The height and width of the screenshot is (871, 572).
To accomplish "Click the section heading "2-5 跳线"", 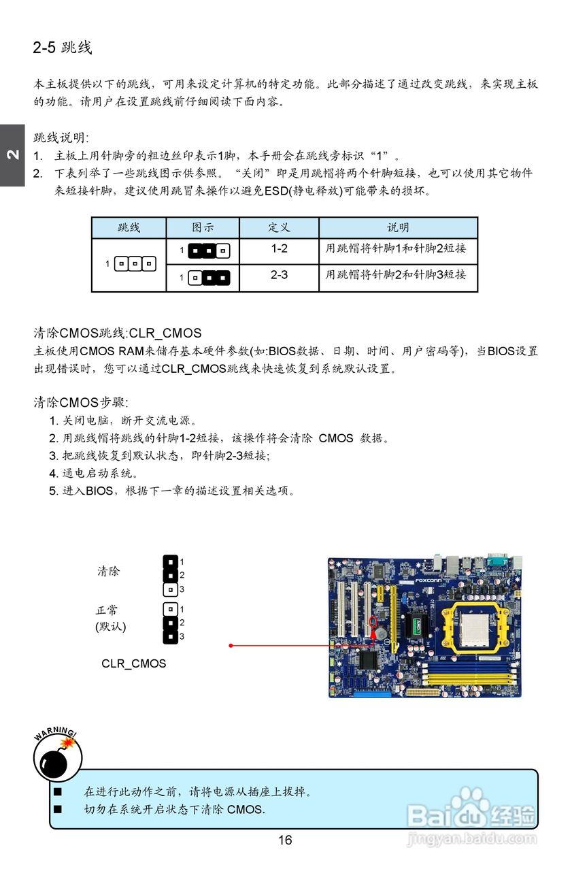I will pyautogui.click(x=63, y=48).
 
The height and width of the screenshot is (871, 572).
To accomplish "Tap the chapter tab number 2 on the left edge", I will pyautogui.click(x=12, y=154).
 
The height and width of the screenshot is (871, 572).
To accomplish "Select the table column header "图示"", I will pyautogui.click(x=203, y=227).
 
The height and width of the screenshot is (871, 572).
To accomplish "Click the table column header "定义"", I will pyautogui.click(x=279, y=227).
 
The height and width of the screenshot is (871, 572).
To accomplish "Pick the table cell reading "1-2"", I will pyautogui.click(x=279, y=249).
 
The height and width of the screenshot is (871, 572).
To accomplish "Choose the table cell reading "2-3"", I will pyautogui.click(x=279, y=276).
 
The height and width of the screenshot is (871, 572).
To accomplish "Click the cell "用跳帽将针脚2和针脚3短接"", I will pyautogui.click(x=396, y=275).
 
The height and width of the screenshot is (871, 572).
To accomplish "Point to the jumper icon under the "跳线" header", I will pyautogui.click(x=135, y=263).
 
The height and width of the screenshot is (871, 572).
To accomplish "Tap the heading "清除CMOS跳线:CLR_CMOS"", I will pyautogui.click(x=118, y=333).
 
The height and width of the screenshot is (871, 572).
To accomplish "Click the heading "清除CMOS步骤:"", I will pyautogui.click(x=81, y=402).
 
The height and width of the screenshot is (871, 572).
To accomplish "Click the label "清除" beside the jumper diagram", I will pyautogui.click(x=108, y=572).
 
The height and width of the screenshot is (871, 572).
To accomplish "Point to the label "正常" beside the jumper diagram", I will pyautogui.click(x=107, y=610).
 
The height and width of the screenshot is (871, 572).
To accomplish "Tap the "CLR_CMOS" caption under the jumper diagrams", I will pyautogui.click(x=133, y=663).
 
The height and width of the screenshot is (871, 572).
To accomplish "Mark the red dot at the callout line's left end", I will pyautogui.click(x=231, y=645).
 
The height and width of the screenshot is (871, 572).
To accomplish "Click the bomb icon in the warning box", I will pyautogui.click(x=57, y=760).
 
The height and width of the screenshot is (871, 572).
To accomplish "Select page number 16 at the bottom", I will pyautogui.click(x=285, y=840).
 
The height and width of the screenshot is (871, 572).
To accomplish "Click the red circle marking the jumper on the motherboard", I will pyautogui.click(x=372, y=622).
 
